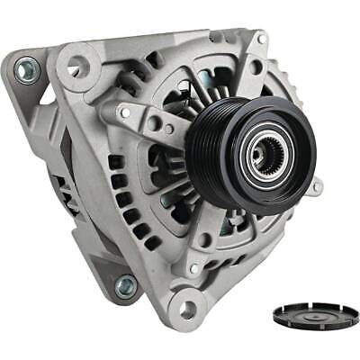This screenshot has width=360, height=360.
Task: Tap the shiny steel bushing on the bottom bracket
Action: pos(125,286)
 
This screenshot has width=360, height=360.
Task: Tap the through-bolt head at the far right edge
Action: pos(317,187)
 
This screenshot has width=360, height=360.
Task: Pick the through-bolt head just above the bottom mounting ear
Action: pos(192,268)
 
